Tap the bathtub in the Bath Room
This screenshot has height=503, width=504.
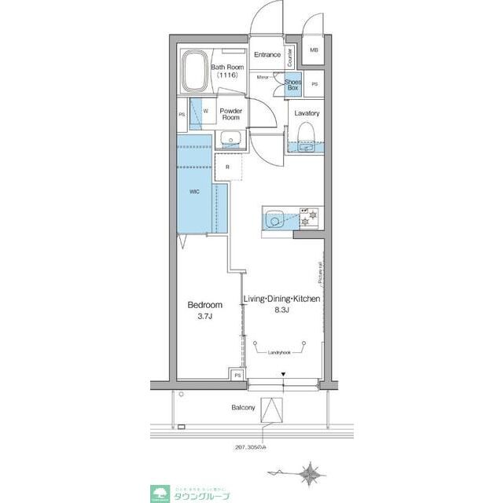(x=194, y=73)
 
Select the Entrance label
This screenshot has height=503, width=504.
(x=267, y=55)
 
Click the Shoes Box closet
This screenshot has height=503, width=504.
(x=292, y=84)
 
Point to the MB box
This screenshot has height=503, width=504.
(x=315, y=50)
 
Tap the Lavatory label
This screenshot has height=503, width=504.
(x=307, y=113)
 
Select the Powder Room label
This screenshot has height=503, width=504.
(x=230, y=114)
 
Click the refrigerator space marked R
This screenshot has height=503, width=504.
(x=227, y=167)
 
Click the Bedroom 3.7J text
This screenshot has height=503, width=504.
(x=204, y=310)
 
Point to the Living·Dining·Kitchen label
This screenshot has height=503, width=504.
(x=281, y=304)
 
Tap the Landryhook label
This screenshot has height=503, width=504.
(x=281, y=352)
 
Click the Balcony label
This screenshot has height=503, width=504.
(x=243, y=408)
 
